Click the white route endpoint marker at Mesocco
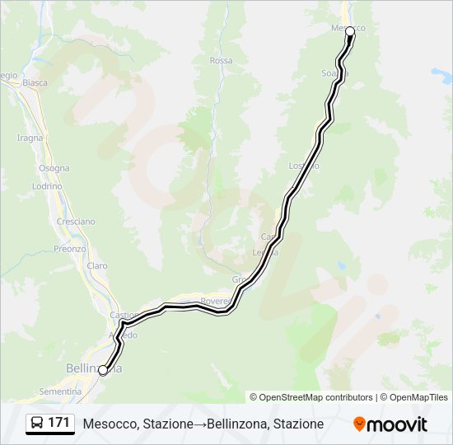tap(350, 31)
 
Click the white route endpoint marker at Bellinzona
tap(103, 371)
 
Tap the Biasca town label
tap(35, 82)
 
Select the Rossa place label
tap(221, 61)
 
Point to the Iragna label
tap(30, 138)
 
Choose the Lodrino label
tap(48, 186)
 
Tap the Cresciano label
tap(76, 222)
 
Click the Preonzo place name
tap(70, 248)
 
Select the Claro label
tap(97, 265)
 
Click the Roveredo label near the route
tap(216, 302)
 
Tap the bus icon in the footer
tap(38, 424)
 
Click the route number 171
tap(58, 424)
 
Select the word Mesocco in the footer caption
tap(110, 424)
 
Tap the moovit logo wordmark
tap(398, 424)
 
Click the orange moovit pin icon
tap(360, 424)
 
